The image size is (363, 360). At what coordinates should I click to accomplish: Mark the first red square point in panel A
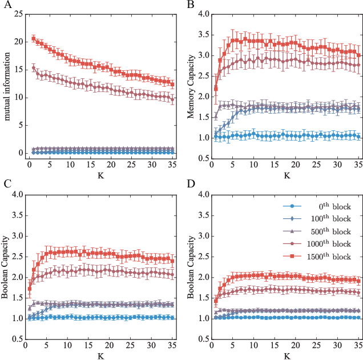coord(33,39)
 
